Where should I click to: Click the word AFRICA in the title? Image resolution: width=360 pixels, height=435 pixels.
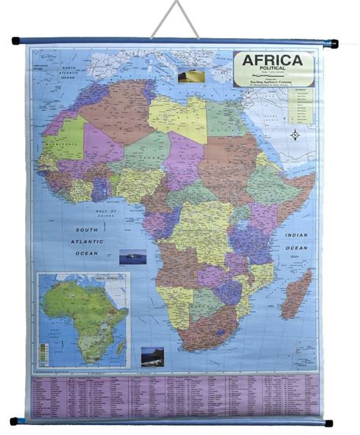click(x=273, y=61)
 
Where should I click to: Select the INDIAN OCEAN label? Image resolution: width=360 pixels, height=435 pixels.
click(x=297, y=241)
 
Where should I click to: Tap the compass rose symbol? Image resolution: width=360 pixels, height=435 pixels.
click(x=295, y=135)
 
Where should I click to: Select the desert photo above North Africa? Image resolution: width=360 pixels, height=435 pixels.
click(x=186, y=76)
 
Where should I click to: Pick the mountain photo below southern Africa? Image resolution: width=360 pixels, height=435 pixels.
click(x=152, y=356)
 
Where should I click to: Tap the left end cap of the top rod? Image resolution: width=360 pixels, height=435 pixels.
click(x=14, y=43)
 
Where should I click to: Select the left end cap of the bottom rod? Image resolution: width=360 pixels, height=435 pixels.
click(x=14, y=421)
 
